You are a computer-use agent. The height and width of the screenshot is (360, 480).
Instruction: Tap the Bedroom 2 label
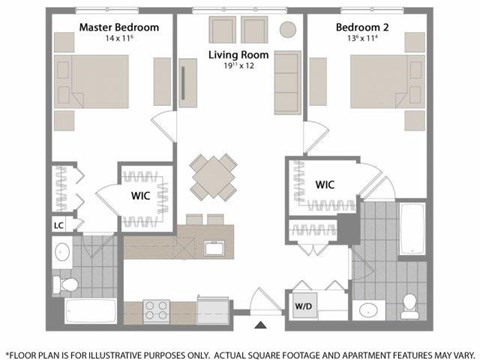tap(363, 23)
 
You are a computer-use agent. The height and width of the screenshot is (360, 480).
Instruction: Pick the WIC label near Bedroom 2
tap(325, 185)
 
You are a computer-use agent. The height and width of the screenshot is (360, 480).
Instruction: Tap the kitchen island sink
tap(211, 247)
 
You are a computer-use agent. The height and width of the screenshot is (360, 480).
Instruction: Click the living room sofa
tap(289, 75)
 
